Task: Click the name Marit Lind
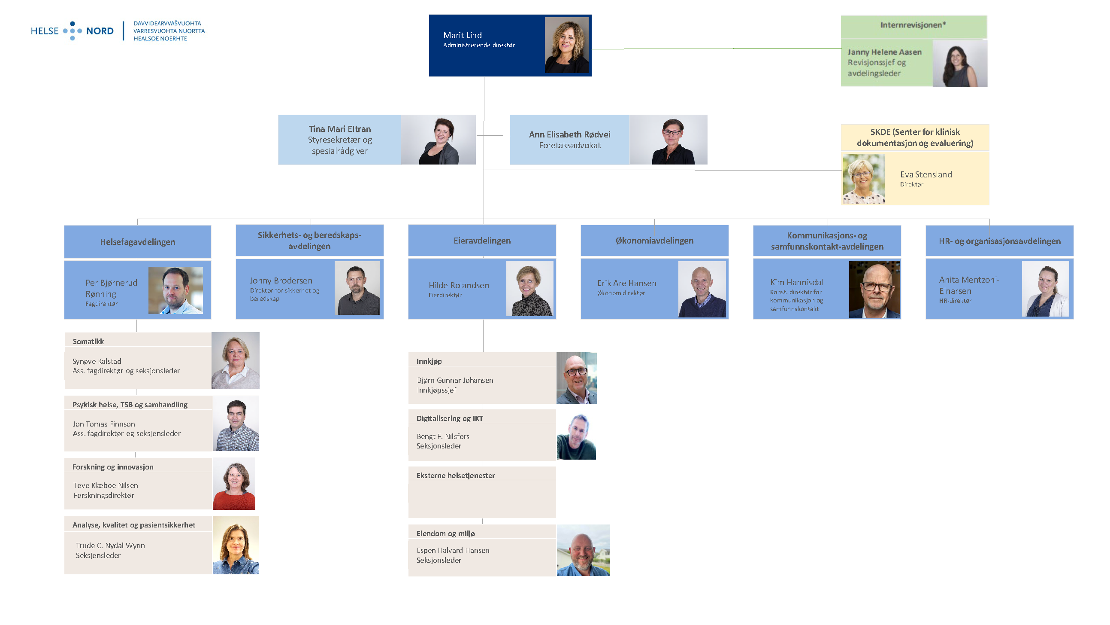point(463,35)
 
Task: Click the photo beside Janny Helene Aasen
point(960,64)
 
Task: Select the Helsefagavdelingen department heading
point(137,242)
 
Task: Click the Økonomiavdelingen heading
point(654,241)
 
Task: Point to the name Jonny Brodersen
point(281,280)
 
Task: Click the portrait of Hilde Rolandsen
point(529,289)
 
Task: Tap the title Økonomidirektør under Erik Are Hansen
point(621,293)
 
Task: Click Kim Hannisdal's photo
point(874,290)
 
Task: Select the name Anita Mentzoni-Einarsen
point(969,286)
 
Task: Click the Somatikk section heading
point(88,341)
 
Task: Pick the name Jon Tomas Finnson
point(104,424)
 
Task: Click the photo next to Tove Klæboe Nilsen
point(234,484)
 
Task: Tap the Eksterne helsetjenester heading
point(456,476)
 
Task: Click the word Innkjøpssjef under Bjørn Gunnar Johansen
point(436,390)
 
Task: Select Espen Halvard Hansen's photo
point(583,550)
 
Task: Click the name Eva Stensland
point(926,175)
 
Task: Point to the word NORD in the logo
point(100,31)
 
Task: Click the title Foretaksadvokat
point(570,146)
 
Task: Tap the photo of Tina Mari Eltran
point(438,140)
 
